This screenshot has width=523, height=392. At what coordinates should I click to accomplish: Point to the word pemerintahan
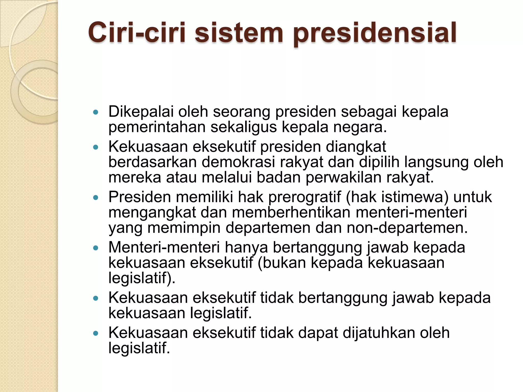pos(157,127)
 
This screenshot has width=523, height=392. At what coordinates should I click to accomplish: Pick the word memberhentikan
pos(291,212)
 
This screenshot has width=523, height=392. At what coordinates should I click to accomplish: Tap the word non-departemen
pos(407,228)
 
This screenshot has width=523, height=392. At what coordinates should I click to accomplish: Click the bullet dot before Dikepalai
pos(96,112)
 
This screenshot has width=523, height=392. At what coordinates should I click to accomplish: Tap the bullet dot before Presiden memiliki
pos(96,198)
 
